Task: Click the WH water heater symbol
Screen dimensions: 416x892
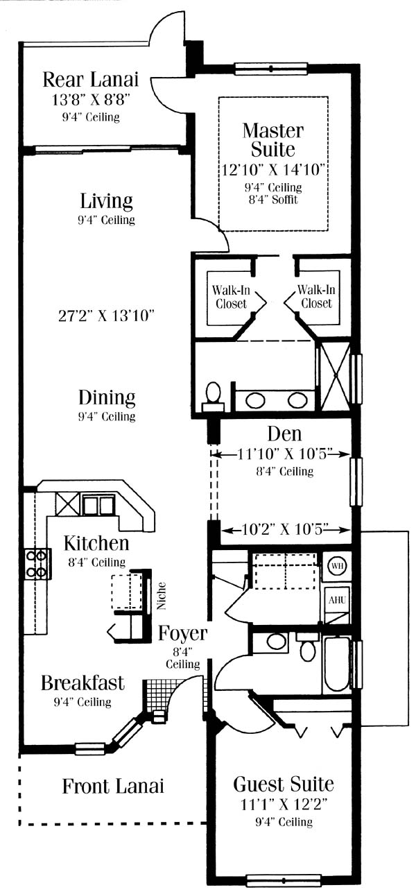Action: (337, 565)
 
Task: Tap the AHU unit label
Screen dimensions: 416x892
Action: (337, 600)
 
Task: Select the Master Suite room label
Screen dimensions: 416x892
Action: (273, 140)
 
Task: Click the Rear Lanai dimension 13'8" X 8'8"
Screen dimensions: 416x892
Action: (91, 99)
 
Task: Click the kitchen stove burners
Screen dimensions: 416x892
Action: (37, 564)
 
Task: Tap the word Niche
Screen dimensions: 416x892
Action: (161, 596)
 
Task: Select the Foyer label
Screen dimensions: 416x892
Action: (183, 633)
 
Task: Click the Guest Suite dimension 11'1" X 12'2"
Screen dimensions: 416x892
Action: (284, 805)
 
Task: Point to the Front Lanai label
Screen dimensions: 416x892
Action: (113, 786)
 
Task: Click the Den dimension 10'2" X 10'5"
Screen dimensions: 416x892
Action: (285, 530)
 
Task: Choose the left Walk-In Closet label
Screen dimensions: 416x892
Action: (231, 297)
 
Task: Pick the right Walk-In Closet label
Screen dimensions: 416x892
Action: (316, 297)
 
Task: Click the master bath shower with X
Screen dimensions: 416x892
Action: (335, 375)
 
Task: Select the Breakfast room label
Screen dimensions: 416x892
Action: (83, 683)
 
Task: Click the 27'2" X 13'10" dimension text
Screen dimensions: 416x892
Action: (106, 316)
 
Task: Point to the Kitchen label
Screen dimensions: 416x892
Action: (96, 543)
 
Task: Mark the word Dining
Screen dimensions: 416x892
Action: (107, 398)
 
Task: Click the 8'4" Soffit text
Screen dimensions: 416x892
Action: (273, 199)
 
